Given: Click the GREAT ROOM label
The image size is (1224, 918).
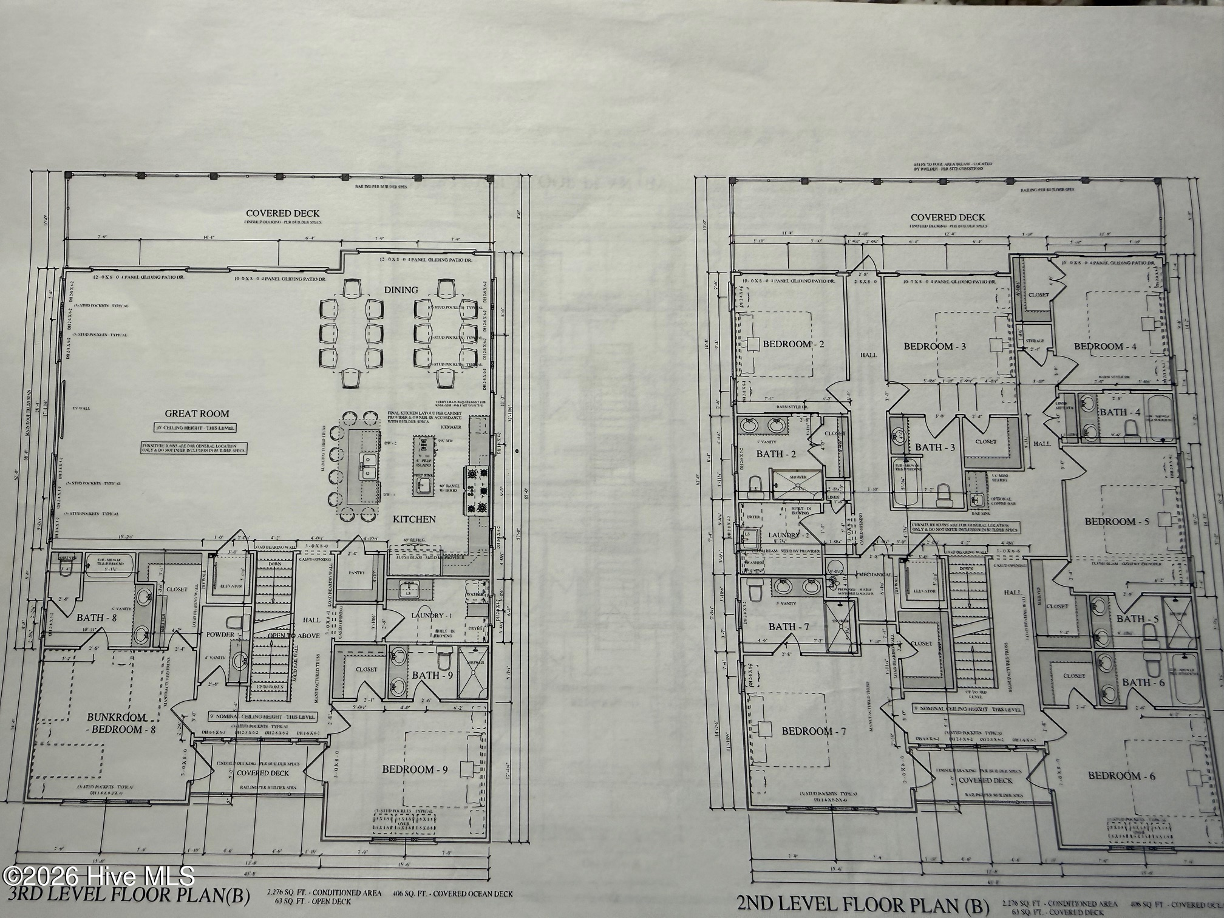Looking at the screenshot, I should [x=197, y=414].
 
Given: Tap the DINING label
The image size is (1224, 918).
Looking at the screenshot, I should [x=401, y=290].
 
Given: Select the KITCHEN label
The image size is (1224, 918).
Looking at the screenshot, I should [x=414, y=519].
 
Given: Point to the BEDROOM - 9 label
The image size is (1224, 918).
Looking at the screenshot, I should [x=415, y=769].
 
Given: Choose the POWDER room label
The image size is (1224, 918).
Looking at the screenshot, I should [x=220, y=634].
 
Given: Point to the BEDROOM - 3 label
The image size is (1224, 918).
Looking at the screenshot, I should [x=934, y=347].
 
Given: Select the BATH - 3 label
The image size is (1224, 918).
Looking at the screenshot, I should [x=935, y=447].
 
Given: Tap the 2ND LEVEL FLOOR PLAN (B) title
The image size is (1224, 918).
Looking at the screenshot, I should [x=862, y=903].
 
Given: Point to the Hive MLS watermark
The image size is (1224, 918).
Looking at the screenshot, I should [x=97, y=876].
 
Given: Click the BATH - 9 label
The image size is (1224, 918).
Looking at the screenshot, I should [x=432, y=675].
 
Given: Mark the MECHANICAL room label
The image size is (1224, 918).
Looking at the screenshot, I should [x=873, y=574].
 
